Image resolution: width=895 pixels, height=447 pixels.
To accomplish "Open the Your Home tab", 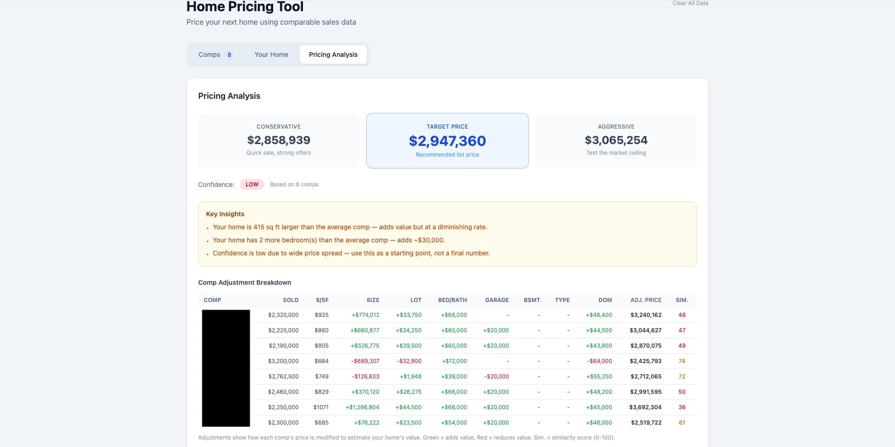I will coord(271,55).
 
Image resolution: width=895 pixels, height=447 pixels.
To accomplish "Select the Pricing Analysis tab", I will coord(333,55).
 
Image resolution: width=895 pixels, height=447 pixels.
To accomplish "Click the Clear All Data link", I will coord(690,3).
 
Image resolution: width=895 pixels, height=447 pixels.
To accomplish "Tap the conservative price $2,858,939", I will coord(279,140).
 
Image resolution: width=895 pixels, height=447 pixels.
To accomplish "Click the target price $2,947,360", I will coord(447,141).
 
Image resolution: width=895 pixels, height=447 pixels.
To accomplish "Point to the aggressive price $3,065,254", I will coord(616,140).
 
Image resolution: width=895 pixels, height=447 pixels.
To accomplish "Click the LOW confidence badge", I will coord(252,185).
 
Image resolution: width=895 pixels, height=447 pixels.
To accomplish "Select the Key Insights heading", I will coord(225,214).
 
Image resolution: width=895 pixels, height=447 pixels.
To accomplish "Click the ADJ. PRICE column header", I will coord(646,300).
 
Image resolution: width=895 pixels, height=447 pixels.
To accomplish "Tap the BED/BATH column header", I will coord(452,300).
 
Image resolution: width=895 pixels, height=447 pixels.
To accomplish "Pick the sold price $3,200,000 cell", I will coord(283,361).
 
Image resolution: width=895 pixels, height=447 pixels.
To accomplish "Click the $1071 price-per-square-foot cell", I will coord(321,407).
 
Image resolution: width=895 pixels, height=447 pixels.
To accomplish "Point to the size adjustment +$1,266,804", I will coord(362,407).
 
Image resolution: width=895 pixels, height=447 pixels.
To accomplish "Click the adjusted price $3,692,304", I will coord(645,407).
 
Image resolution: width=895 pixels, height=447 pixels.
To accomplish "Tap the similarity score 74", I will coord(682,361).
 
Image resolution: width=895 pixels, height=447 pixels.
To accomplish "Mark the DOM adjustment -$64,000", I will coord(599,361).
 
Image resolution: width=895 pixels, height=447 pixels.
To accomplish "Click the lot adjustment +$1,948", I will coord(410,377).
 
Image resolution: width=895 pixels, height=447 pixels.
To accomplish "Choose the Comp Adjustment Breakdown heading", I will coord(244,282).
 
